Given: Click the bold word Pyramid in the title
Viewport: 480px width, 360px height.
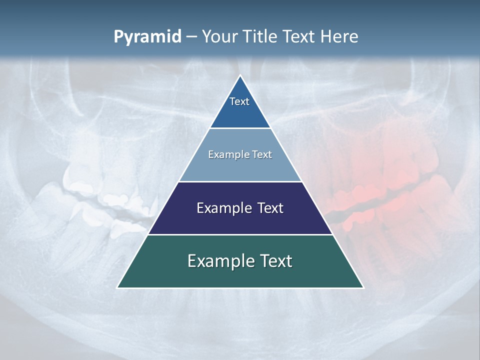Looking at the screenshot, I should [147, 37].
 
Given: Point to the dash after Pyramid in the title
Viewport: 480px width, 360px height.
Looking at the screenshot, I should [191, 37].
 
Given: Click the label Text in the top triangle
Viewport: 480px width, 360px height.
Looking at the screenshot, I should [239, 101].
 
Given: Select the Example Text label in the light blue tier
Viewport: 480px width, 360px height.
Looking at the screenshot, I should [240, 154].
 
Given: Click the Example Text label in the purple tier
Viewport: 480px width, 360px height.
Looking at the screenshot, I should [240, 208].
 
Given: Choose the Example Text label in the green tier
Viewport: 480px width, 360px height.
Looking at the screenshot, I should [240, 261].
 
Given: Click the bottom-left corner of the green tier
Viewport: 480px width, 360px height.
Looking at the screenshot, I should [118, 287].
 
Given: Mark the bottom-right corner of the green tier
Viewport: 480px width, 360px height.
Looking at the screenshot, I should [363, 287].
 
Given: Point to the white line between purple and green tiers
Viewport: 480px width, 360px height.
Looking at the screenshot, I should [240, 234].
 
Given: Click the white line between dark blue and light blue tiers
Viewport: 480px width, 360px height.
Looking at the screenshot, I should [240, 128].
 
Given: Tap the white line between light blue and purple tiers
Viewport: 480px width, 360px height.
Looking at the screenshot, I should [240, 181].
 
